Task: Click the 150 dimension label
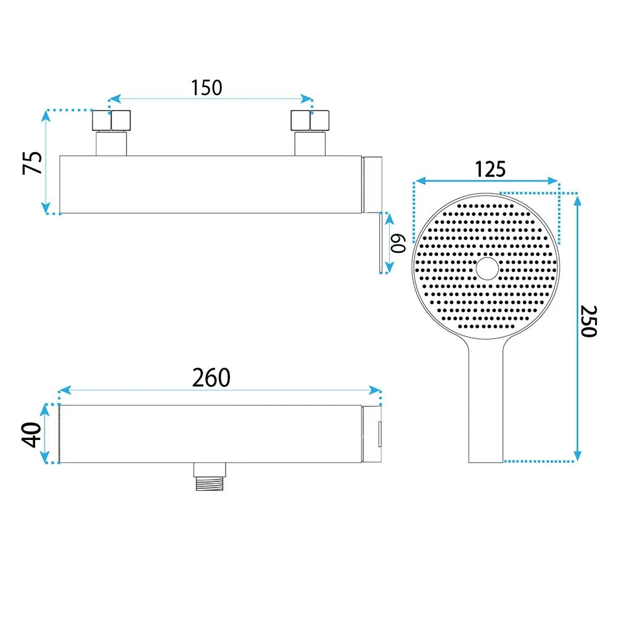pyautogui.click(x=206, y=88)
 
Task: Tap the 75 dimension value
pyautogui.click(x=32, y=163)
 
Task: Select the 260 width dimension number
pyautogui.click(x=211, y=378)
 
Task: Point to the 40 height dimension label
pyautogui.click(x=32, y=434)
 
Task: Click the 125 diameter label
pyautogui.click(x=490, y=169)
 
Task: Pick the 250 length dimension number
pyautogui.click(x=589, y=321)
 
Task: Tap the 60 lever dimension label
pyautogui.click(x=398, y=243)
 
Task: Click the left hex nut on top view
pyautogui.click(x=111, y=121)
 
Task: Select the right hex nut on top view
pyautogui.click(x=310, y=121)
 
